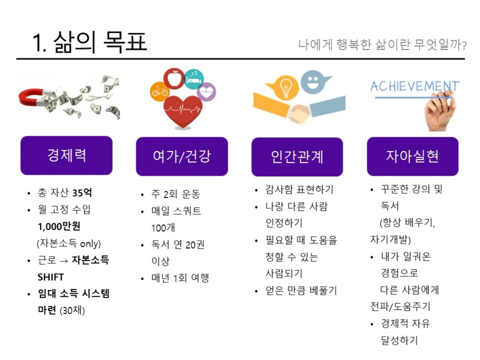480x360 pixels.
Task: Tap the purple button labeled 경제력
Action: [66, 155]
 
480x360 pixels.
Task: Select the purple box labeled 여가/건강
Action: [182, 156]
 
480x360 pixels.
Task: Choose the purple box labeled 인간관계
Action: [297, 157]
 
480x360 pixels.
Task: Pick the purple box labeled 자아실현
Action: [413, 156]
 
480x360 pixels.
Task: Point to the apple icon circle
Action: [174, 78]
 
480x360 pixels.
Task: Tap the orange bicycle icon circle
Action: [160, 91]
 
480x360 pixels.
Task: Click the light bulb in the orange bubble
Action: [285, 87]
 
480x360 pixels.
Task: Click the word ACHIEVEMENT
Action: [415, 86]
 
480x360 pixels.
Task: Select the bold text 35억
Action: [82, 193]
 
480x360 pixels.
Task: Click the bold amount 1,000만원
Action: [59, 226]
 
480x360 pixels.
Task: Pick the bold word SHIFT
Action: [51, 277]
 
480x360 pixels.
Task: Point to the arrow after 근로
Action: [64, 261]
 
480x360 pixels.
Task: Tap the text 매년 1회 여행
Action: [181, 278]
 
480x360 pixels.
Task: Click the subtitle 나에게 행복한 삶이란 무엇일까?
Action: [382, 45]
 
